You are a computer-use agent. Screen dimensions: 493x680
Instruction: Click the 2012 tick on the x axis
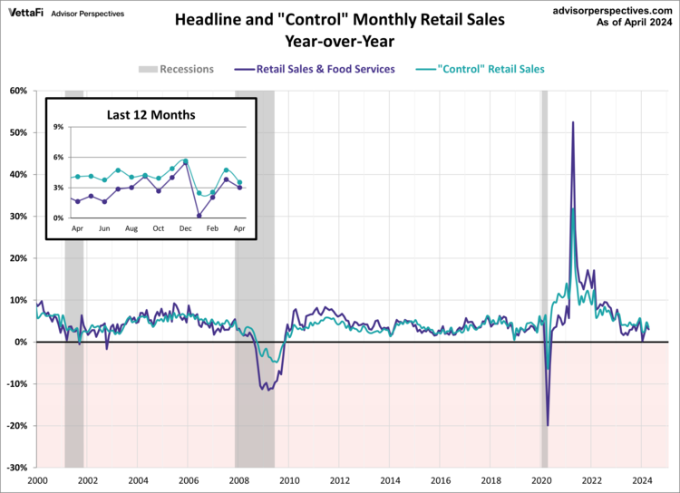coord(339,480)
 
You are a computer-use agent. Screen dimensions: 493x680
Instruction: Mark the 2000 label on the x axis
coord(37,480)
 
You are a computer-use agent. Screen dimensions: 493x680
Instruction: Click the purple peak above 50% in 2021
coord(572,122)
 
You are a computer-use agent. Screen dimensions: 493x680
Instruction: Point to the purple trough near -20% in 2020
coord(548,425)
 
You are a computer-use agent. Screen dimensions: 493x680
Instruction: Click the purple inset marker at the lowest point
coord(199,216)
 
